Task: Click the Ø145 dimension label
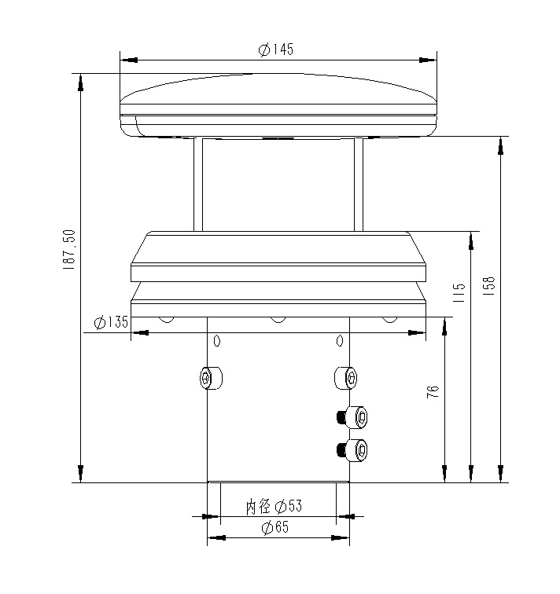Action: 276,49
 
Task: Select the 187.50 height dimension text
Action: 68,251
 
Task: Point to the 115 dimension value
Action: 460,293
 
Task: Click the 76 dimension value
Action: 433,393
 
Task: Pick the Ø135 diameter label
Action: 110,322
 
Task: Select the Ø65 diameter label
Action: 276,527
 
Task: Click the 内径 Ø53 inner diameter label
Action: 274,506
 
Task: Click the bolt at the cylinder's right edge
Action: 346,378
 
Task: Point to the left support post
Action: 197,185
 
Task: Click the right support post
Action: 359,185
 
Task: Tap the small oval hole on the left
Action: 218,341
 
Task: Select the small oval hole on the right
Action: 340,341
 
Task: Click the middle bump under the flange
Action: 277,319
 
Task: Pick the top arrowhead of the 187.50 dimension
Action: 81,82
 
